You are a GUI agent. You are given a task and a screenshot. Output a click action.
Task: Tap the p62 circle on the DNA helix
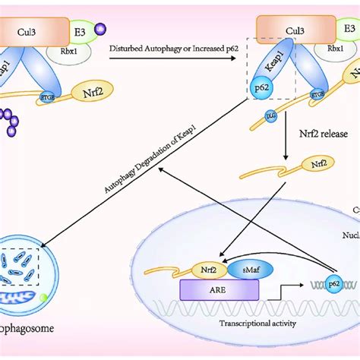click(x=332, y=284)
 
